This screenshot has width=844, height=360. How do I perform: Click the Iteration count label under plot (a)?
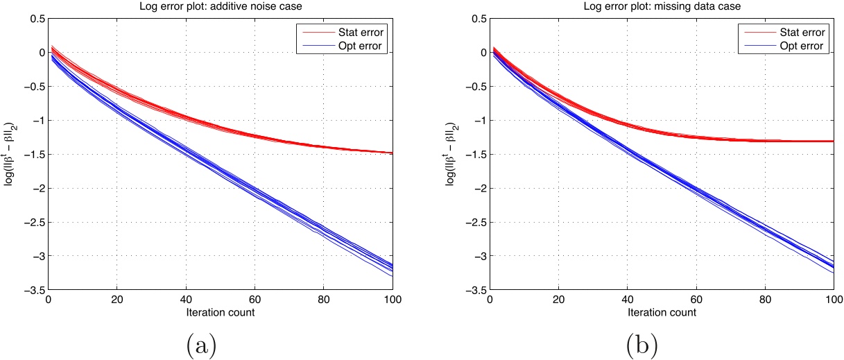(221, 312)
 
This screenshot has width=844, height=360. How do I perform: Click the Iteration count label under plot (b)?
(662, 312)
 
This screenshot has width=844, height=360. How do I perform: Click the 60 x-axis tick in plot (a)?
(255, 300)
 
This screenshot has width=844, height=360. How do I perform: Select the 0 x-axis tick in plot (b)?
(490, 300)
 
